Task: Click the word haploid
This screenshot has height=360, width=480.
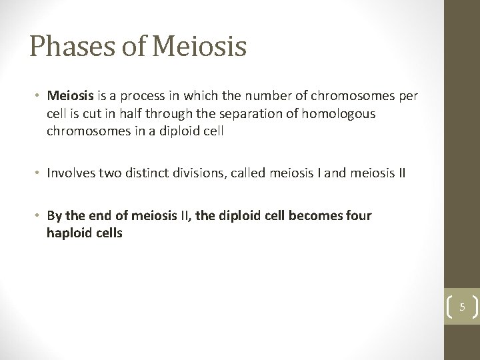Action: [69, 234]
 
